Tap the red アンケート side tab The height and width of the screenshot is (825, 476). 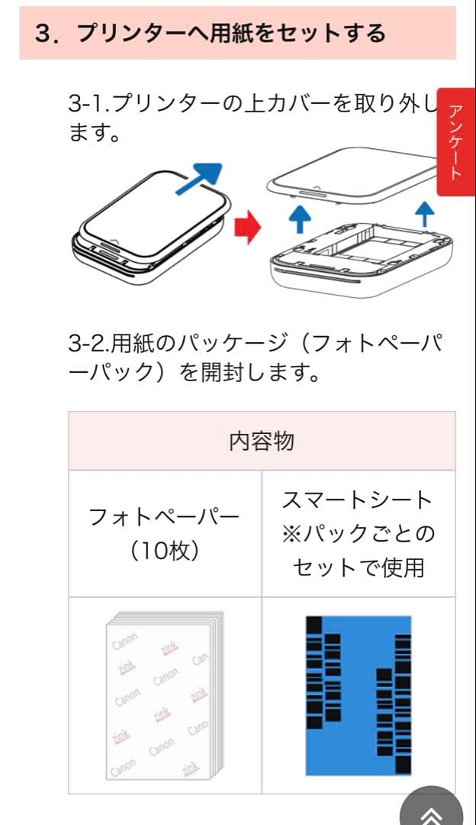455,142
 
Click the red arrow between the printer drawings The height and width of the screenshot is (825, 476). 247,227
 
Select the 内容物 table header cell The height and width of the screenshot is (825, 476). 262,442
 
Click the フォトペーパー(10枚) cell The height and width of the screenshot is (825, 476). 165,533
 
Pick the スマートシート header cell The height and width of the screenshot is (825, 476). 358,533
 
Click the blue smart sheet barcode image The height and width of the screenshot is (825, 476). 358,695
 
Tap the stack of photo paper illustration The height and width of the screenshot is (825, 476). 165,695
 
